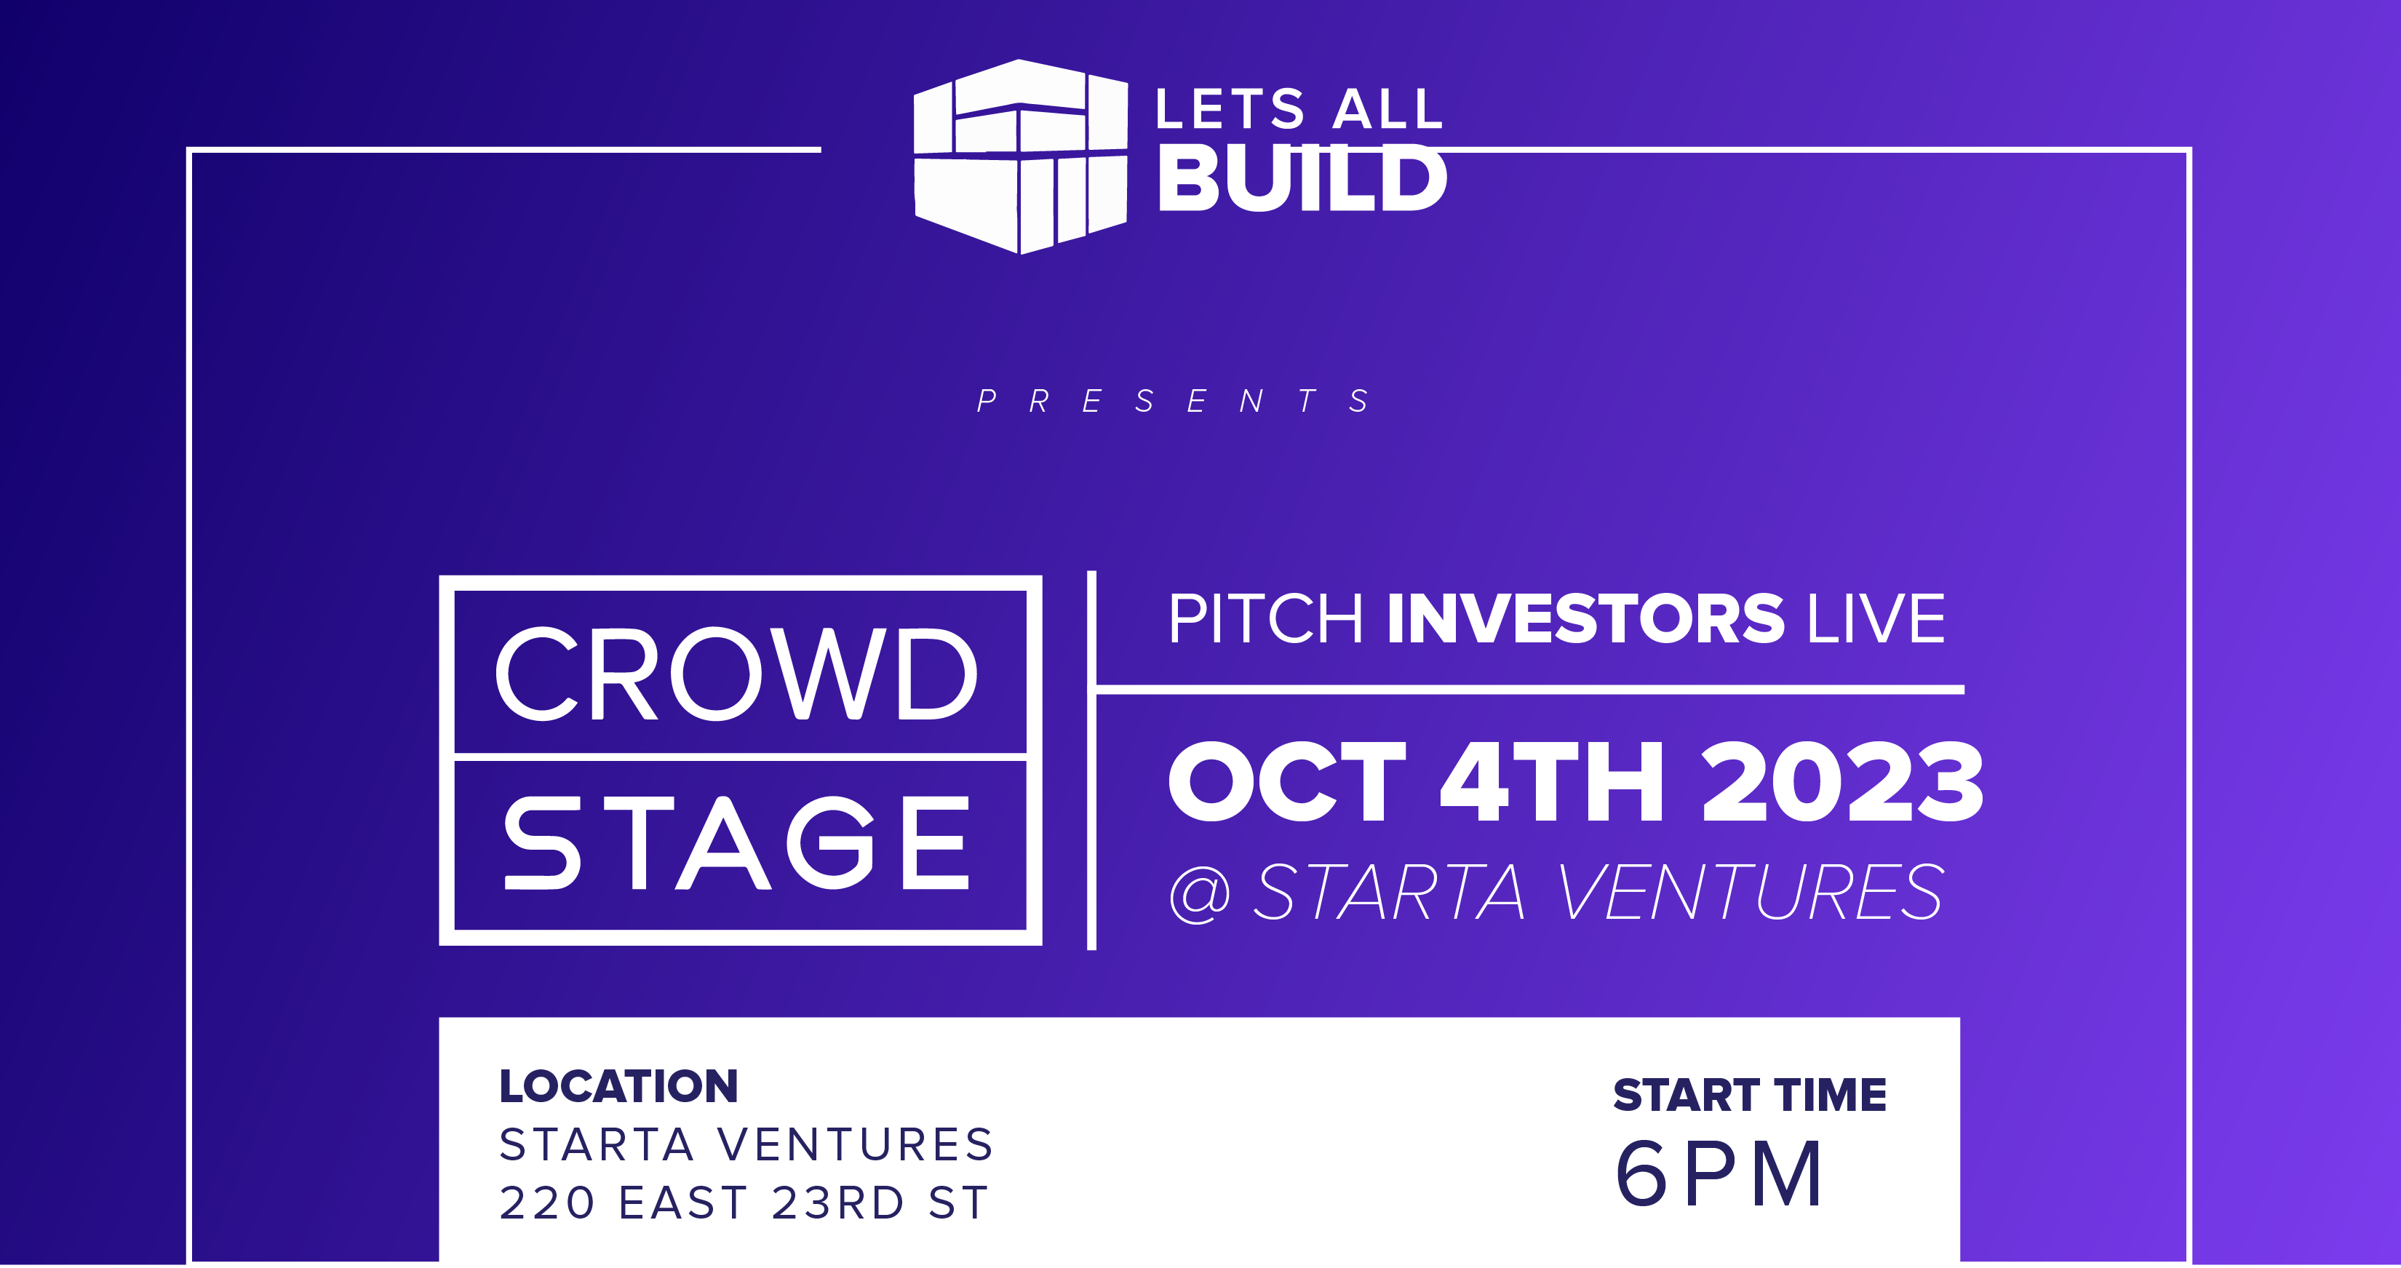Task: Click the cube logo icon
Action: [x=1021, y=156]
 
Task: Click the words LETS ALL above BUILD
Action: [x=1299, y=109]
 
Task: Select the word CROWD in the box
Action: [x=736, y=674]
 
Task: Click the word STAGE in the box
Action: [x=736, y=843]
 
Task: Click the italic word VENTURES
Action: [x=1751, y=893]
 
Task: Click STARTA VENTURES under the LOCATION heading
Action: [x=746, y=1145]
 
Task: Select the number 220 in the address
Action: [x=547, y=1203]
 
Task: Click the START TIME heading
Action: [x=1750, y=1095]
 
